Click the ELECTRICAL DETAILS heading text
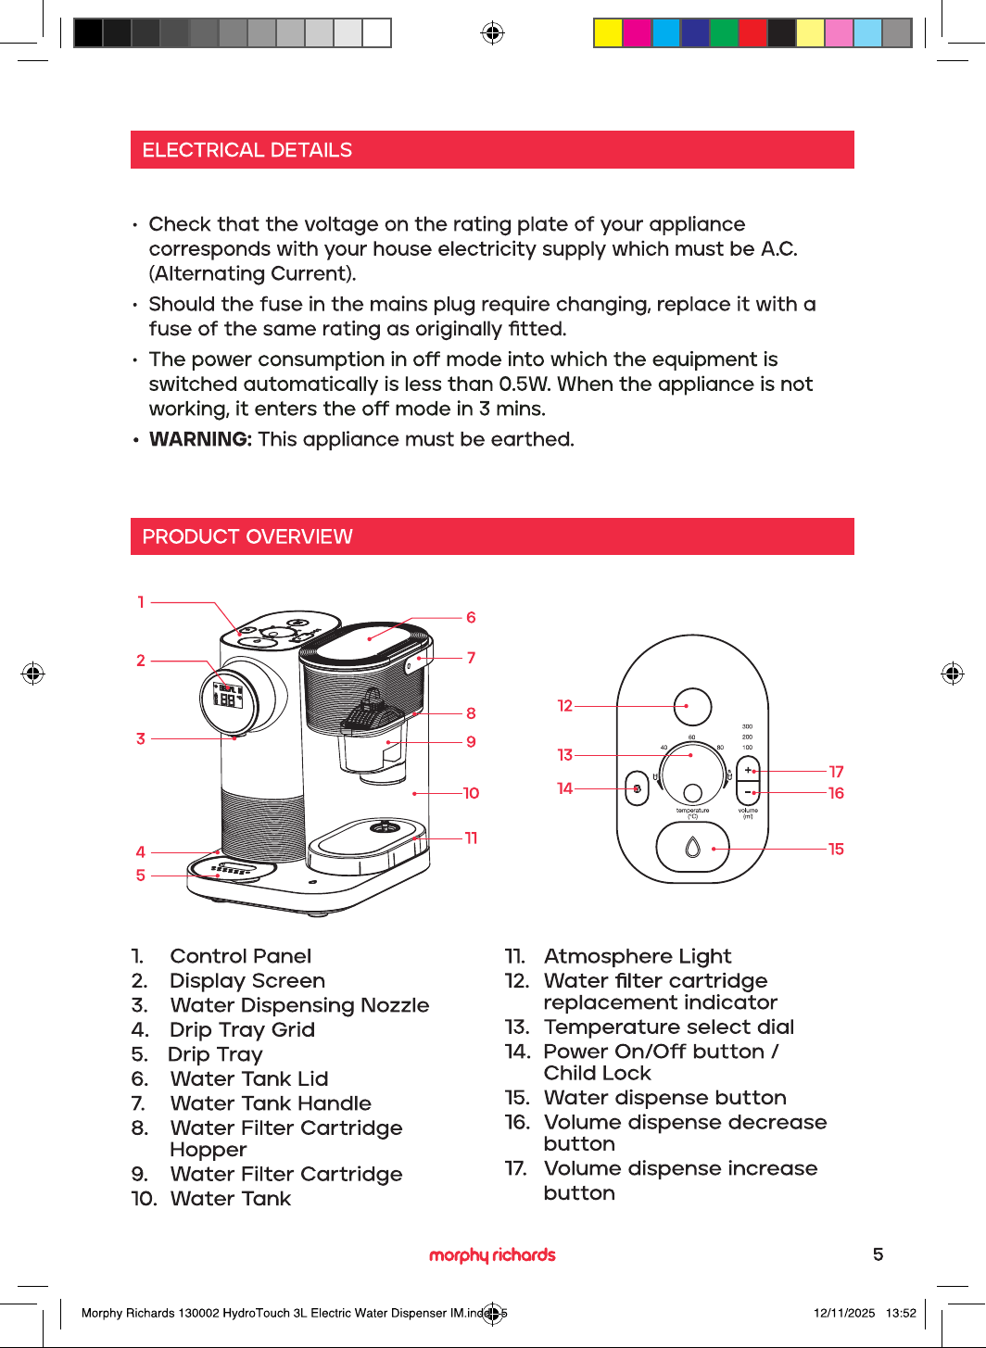(x=246, y=150)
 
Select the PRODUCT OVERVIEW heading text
(x=246, y=536)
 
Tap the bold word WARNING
(x=200, y=439)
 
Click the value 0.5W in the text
(x=525, y=384)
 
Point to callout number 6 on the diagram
(x=471, y=617)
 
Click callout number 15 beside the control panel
(x=836, y=850)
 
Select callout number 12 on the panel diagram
(x=564, y=705)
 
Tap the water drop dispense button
(x=692, y=848)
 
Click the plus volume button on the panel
(x=748, y=770)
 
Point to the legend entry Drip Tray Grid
(x=243, y=1029)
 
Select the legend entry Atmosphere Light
(x=638, y=955)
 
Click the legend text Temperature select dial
(x=669, y=1027)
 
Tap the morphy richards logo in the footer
(x=492, y=1255)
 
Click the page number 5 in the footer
(x=879, y=1254)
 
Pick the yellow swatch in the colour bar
(x=608, y=32)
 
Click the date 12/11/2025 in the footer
(x=844, y=1313)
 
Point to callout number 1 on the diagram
(x=141, y=602)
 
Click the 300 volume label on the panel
(x=747, y=726)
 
